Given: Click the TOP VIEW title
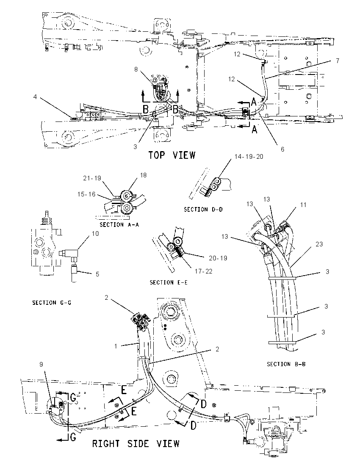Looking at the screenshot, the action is (x=172, y=155).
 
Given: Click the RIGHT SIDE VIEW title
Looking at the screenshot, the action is (x=136, y=444).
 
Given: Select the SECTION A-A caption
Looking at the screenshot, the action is (x=119, y=225).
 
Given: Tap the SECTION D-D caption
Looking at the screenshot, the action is (x=203, y=210).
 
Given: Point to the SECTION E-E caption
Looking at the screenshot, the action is (x=169, y=282).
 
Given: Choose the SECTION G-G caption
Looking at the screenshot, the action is (x=52, y=302).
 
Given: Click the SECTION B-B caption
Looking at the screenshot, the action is (x=286, y=364).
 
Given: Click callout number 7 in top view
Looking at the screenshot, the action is (x=337, y=61).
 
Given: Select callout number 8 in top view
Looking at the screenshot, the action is (x=136, y=69).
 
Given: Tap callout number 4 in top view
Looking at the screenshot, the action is (x=35, y=97).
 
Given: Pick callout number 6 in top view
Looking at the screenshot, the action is (x=282, y=149).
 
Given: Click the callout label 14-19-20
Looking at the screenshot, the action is (x=249, y=157).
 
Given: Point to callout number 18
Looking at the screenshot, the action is (x=143, y=175).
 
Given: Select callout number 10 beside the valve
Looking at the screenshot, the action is (x=95, y=233).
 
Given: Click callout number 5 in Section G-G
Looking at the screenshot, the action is (x=97, y=274).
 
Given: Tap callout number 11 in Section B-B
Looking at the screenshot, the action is (x=303, y=205).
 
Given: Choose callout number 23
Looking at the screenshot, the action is (x=319, y=244).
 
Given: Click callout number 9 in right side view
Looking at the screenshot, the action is (x=41, y=364).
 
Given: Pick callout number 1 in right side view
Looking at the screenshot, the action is (x=116, y=346).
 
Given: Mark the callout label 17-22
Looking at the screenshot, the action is (x=204, y=271).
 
